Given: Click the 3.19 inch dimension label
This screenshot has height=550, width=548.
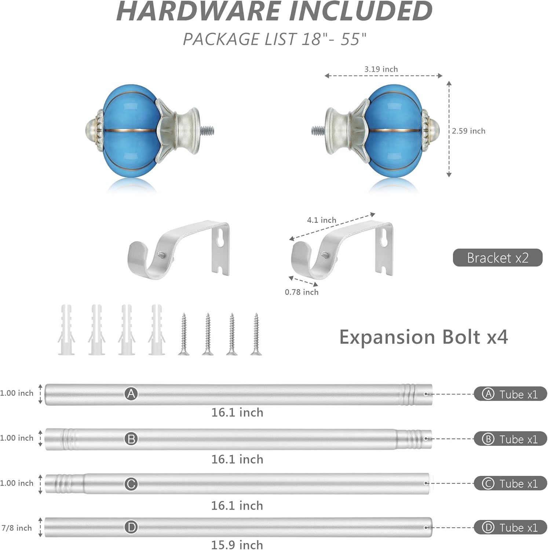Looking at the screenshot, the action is click(381, 69).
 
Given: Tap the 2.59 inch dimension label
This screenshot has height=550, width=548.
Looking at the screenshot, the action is click(468, 131).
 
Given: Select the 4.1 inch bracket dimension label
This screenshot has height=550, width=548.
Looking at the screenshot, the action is click(321, 220).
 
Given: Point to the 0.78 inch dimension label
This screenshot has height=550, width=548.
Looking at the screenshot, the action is click(302, 292).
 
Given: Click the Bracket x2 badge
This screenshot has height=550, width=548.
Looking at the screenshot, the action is click(497, 258).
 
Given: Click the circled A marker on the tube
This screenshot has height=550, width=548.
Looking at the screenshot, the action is click(131, 394).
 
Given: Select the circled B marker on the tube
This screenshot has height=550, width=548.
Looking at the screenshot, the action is click(131, 439).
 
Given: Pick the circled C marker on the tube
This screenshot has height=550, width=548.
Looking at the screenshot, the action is click(131, 484).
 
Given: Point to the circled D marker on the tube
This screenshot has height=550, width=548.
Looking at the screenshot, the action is click(131, 528).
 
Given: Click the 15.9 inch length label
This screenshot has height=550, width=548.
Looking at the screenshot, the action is click(237, 544).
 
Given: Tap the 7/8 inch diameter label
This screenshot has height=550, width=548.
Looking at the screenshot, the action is click(17, 528).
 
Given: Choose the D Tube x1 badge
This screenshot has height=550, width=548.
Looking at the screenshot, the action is click(510, 528).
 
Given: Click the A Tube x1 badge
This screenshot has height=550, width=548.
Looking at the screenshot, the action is click(510, 394).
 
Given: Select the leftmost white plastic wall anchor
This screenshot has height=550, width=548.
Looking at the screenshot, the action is click(66, 330).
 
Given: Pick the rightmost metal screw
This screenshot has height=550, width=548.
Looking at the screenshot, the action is click(256, 334).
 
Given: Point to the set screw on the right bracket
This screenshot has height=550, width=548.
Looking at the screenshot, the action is click(324, 253).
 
